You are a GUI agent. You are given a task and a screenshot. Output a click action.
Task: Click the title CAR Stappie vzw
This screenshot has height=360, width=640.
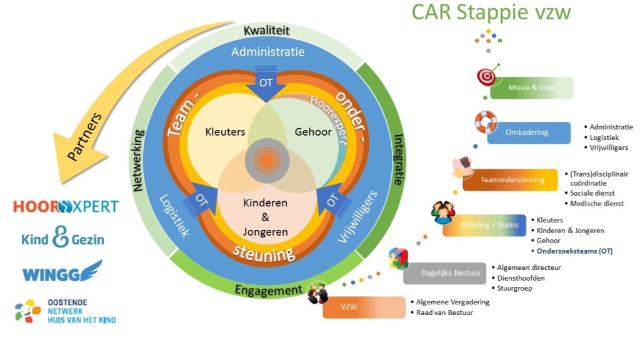coord(491,13)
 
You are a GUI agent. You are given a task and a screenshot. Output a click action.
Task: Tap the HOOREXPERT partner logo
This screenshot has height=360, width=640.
coord(66,206)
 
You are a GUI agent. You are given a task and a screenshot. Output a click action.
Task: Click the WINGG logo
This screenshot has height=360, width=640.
coord(62,272)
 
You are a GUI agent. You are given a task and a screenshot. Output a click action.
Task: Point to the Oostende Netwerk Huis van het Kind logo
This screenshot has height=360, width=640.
coord(66,311)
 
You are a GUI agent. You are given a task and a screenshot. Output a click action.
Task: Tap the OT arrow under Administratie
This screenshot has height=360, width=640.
coord(266,82)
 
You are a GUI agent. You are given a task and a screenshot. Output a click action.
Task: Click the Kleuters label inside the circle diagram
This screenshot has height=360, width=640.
coord(225,132)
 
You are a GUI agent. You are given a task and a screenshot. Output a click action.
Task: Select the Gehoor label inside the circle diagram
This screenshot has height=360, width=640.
coord(312,132)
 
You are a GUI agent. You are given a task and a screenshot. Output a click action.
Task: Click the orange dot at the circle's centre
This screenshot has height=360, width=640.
coord(267,160)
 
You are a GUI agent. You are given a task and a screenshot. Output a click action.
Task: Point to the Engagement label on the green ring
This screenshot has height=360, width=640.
coord(268,290)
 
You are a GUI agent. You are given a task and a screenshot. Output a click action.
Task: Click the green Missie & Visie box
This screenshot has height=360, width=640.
coord(531,88)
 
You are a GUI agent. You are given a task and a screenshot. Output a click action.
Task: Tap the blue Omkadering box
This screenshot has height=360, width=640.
coord(529,132)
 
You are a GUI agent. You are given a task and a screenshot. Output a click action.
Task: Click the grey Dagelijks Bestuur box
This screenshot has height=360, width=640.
coord(445,273)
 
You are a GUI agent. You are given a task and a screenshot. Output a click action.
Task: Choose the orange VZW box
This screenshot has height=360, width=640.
coord(364,307)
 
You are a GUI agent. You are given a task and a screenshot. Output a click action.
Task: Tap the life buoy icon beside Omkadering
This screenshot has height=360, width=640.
coord(486,122)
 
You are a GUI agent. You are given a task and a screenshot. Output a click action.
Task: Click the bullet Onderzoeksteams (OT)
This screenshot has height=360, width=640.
coord(574,251)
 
